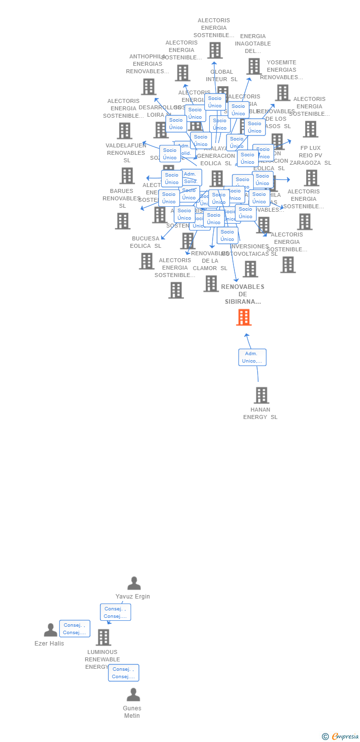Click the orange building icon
point(244,318)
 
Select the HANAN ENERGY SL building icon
point(261,395)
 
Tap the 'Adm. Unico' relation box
point(252,357)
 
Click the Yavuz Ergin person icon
point(134,583)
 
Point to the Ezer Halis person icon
point(50,630)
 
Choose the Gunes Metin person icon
point(133,695)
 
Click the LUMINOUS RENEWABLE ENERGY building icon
point(103,637)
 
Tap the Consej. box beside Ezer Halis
point(75,629)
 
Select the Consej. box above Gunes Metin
point(124,673)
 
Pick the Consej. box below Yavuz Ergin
point(115,612)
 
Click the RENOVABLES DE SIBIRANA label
point(243,294)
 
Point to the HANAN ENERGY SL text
point(261,413)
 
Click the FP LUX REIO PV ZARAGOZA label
point(311,155)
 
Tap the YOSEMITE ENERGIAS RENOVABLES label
point(281,70)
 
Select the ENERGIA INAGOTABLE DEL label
point(253,44)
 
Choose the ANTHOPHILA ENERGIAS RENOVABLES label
point(147,64)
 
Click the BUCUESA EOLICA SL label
point(146,242)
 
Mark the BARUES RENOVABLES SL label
point(122,198)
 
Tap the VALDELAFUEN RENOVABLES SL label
point(127,153)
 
